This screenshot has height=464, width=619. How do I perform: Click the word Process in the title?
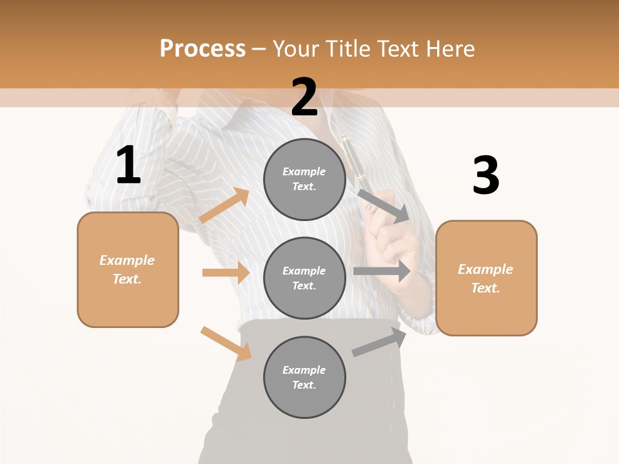point(202,48)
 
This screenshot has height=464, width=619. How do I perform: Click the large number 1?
point(128,166)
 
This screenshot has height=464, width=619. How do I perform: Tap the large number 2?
point(304,97)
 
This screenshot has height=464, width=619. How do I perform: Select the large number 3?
point(486,176)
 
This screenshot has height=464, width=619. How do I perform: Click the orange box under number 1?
point(128,269)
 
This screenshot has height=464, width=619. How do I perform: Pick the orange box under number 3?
point(486,278)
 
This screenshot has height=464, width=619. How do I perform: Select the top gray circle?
point(304,179)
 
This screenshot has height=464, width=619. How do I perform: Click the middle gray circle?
point(304,278)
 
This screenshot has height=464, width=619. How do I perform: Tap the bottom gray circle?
point(304,377)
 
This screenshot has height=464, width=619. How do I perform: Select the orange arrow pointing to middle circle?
point(226,273)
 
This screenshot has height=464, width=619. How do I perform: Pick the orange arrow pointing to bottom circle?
point(226,343)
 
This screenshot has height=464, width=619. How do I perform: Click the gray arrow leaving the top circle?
point(384,206)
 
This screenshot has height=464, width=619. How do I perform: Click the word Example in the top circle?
point(304,171)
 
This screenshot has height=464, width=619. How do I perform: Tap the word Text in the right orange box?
point(485,288)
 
